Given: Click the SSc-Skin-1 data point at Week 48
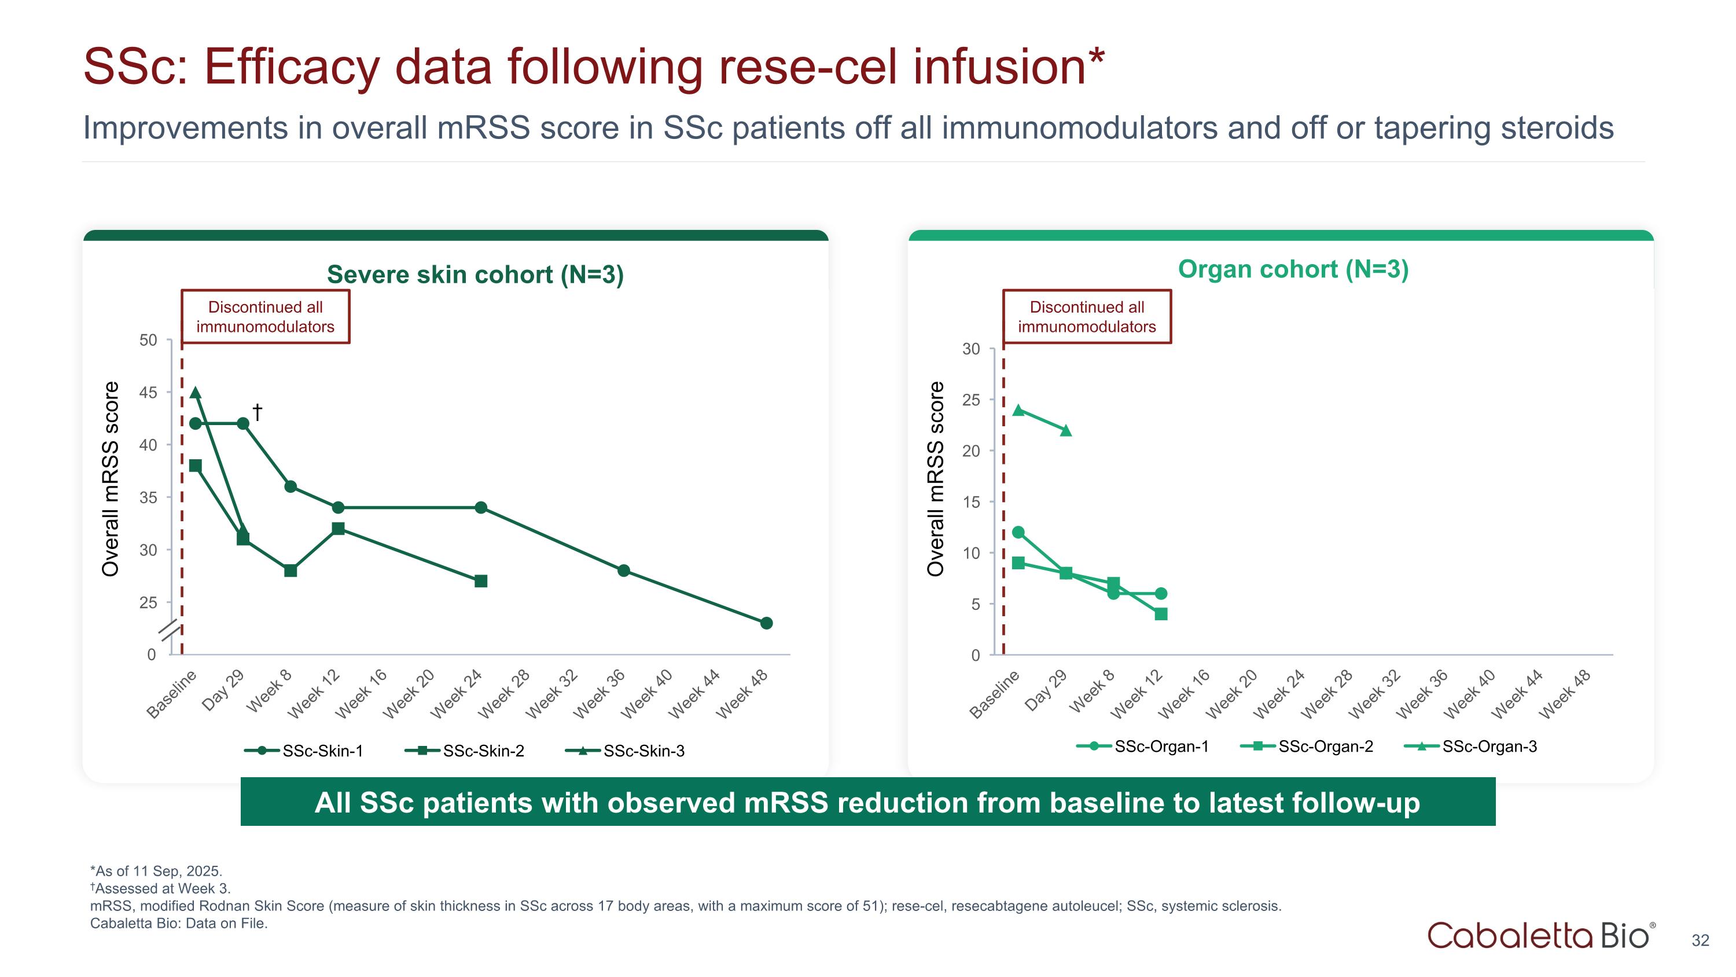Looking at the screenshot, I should point(766,623).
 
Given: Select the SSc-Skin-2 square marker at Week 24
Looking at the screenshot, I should point(480,581).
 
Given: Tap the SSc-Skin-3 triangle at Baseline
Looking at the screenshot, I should point(196,393).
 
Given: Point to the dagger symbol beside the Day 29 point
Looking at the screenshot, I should point(257,411).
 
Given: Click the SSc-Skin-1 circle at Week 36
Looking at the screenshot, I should point(623,570).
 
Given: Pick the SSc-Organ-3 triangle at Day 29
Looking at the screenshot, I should point(1065,430).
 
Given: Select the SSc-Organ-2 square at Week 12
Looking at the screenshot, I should point(1160,613).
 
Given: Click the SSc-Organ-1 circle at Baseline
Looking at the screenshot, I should point(1018,533).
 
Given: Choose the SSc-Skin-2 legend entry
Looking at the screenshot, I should point(465,751).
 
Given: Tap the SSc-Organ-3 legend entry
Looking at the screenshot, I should point(1470,747).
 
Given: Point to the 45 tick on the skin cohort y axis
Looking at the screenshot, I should point(148,393).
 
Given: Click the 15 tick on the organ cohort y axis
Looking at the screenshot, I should point(971,502).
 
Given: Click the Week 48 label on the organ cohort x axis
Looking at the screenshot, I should point(1565,693).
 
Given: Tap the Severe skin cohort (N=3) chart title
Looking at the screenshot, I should point(475,275).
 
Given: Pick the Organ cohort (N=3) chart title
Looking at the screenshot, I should point(1293,269).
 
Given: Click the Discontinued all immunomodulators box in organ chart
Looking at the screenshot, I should point(1086,317).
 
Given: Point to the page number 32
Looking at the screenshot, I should point(1700,940).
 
